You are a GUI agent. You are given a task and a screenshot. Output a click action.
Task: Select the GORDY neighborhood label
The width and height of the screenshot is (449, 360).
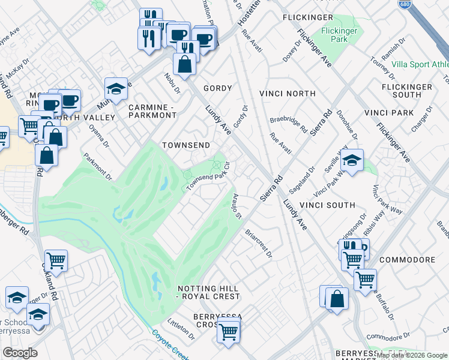tap(217, 88)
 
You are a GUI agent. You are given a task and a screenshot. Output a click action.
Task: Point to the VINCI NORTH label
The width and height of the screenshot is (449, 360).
tap(287, 94)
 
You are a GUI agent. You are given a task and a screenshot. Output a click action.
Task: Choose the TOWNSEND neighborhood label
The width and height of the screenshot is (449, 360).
tap(185, 146)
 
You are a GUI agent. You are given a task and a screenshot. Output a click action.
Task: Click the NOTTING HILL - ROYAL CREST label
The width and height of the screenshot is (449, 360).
tap(208, 292)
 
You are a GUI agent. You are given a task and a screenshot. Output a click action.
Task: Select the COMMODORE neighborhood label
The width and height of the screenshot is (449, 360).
tap(407, 260)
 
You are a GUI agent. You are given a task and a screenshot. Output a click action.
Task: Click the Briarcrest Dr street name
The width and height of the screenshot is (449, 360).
tap(259, 242)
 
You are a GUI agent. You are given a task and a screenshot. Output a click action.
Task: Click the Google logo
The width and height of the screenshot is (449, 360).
tap(20, 353)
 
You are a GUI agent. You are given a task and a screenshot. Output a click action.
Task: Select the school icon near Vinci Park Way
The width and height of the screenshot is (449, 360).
tap(352, 160)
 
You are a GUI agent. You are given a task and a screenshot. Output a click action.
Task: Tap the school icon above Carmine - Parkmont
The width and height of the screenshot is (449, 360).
tap(116, 89)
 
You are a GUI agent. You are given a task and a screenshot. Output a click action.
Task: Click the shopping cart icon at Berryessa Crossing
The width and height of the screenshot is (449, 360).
tap(228, 331)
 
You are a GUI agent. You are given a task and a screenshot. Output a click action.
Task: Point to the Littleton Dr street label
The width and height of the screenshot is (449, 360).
tap(181, 329)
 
